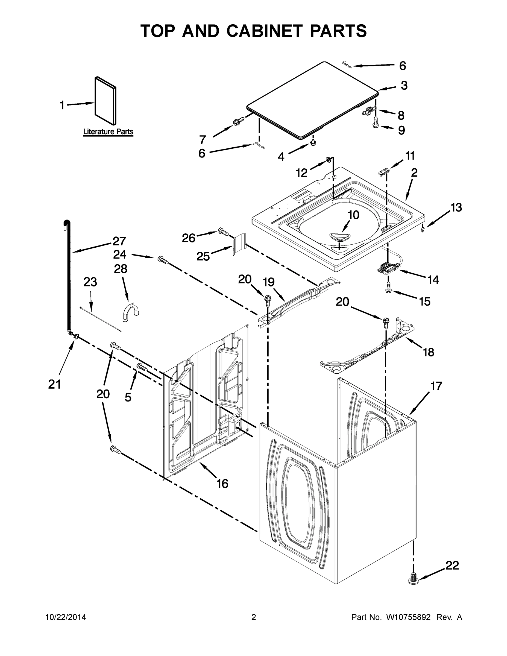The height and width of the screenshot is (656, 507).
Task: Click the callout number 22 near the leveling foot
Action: click(452, 565)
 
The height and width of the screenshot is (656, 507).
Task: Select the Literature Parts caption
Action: click(108, 131)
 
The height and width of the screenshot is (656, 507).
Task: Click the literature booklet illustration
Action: click(105, 101)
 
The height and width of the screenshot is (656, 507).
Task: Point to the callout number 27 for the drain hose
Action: click(119, 241)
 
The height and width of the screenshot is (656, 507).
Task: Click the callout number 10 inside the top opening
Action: click(353, 215)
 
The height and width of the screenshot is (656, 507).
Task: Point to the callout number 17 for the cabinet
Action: click(436, 386)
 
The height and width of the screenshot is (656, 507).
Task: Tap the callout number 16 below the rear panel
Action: click(222, 484)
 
